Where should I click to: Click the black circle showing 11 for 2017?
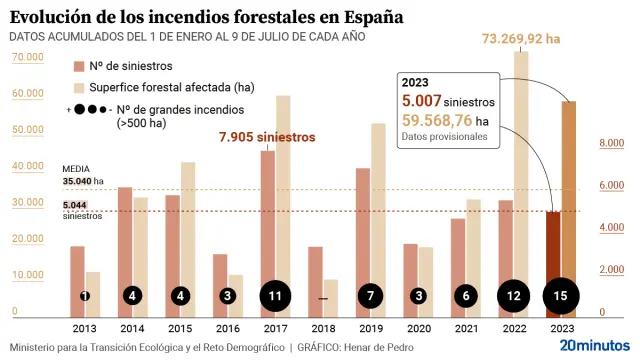pos(276,296)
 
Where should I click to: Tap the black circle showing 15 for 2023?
pos(560,296)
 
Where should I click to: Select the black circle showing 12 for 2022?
pos(513,296)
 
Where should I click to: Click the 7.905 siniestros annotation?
pos(266,136)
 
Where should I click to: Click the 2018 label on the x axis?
pos(323,327)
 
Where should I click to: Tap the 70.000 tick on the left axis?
pos(27,59)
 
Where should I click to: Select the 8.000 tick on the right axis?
pos(612,144)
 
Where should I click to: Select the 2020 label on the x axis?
pos(418,327)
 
